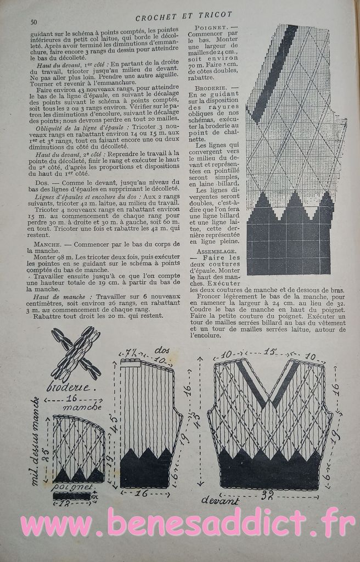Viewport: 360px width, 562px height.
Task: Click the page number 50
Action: [x=33, y=22]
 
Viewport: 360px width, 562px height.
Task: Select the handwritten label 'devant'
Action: [x=220, y=500]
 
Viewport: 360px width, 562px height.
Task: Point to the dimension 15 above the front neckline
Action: [x=269, y=351]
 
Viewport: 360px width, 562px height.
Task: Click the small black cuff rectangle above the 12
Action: [x=72, y=495]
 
